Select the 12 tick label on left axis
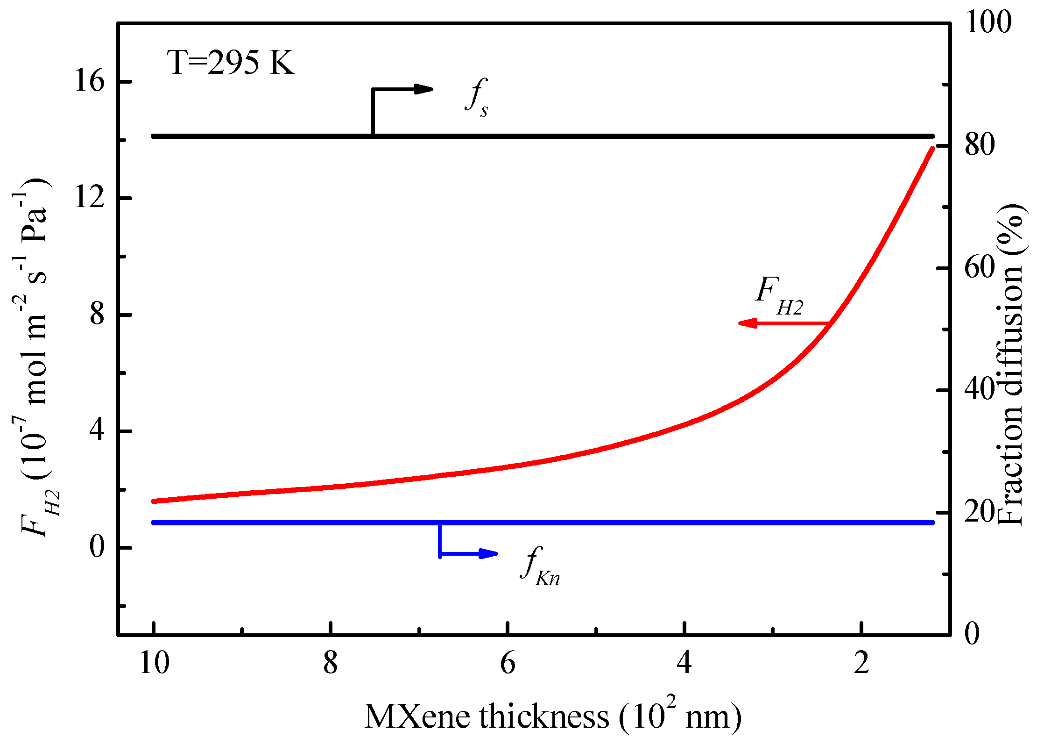point(89,197)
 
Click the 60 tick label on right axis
point(980,268)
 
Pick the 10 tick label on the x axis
point(154,663)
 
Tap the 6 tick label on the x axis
point(508,663)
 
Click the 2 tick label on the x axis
point(861,663)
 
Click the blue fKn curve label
point(539,566)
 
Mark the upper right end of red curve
point(932,149)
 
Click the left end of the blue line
point(154,523)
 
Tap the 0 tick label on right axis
point(972,634)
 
